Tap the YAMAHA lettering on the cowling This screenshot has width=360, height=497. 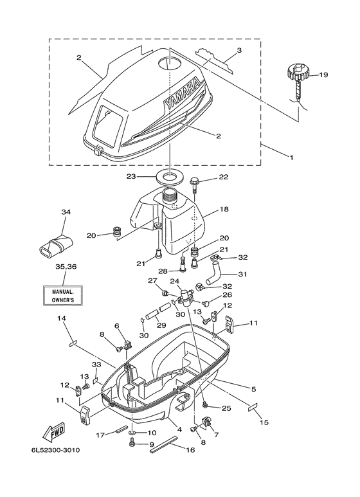(183, 94)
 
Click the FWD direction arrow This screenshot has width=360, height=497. (54, 433)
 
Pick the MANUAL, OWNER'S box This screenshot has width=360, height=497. (63, 295)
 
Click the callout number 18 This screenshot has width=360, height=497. (224, 209)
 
